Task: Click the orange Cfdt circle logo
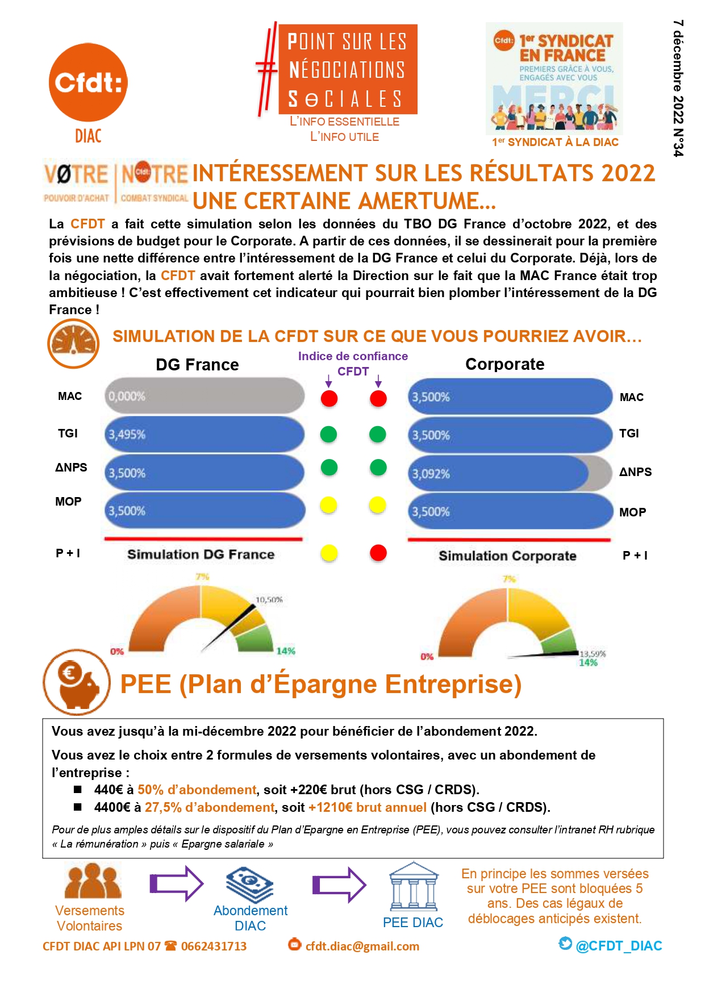[x=88, y=82]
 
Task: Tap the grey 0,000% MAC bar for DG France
[x=205, y=395]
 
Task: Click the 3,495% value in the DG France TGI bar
[x=127, y=435]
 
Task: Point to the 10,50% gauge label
[x=269, y=600]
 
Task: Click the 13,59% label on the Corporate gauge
[x=593, y=654]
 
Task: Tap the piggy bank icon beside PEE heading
[x=77, y=682]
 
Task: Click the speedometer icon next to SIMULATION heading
[x=73, y=343]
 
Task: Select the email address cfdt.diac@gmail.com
[x=362, y=946]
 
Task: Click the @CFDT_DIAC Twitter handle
[x=619, y=946]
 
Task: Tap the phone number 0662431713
[x=214, y=946]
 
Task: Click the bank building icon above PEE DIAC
[x=414, y=887]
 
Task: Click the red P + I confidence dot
[x=378, y=553]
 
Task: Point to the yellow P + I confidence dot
[x=329, y=553]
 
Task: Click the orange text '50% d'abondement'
[x=197, y=790]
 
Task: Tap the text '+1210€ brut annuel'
[x=368, y=807]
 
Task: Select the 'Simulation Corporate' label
[x=507, y=556]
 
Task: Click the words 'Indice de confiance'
[x=353, y=356]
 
